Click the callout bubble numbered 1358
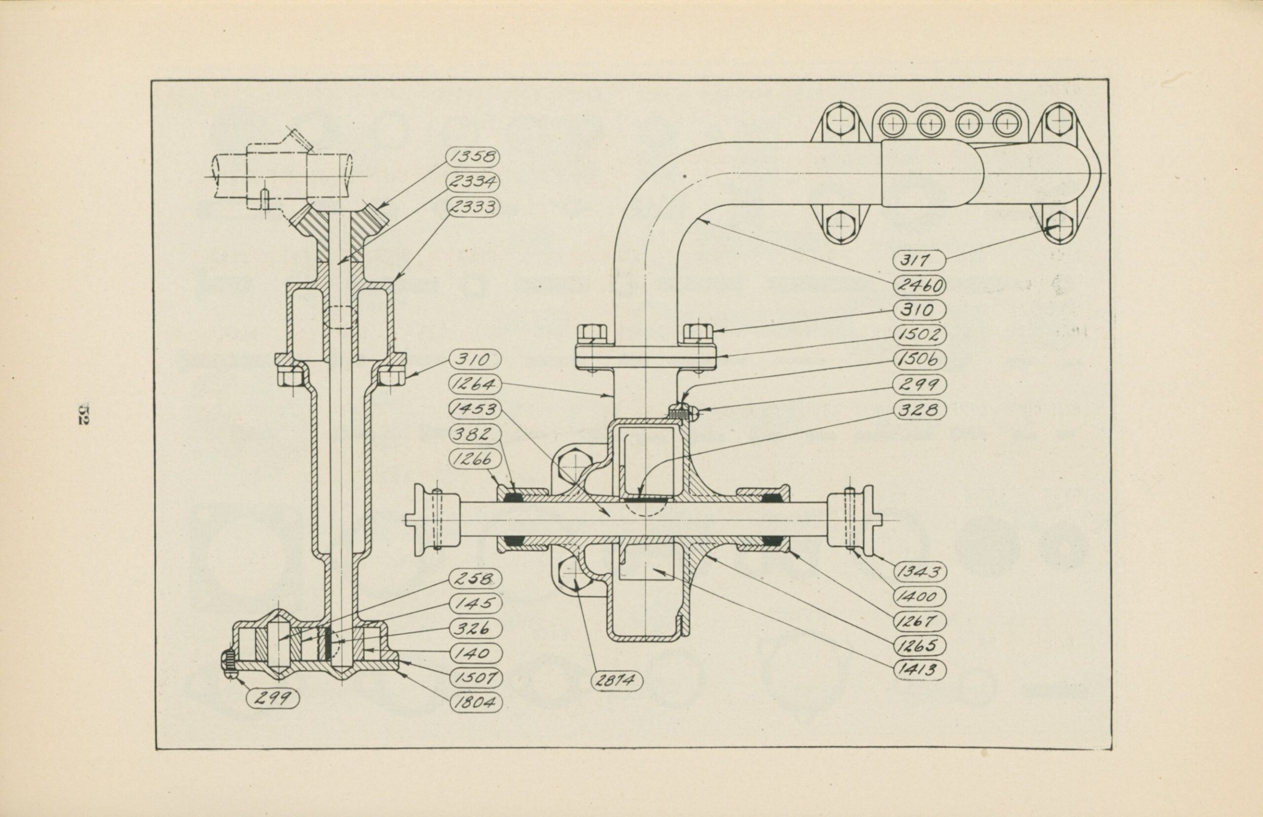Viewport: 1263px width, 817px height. tap(474, 156)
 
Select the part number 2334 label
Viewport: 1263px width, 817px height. tap(474, 182)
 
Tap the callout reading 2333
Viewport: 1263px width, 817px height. tap(474, 206)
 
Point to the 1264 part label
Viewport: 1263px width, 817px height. tap(474, 384)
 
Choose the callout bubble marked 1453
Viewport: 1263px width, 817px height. tap(474, 409)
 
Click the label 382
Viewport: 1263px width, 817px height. tap(474, 434)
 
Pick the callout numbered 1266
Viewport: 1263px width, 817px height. tap(474, 459)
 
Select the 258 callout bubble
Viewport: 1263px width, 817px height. tap(474, 579)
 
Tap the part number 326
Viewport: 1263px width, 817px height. tap(474, 628)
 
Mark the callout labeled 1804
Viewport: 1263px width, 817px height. tap(474, 703)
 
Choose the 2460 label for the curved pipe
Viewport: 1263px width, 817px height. tap(921, 285)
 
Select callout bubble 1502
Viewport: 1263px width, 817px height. tap(921, 335)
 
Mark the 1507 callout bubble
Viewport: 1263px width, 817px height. tap(474, 678)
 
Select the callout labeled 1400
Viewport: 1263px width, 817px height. tap(921, 597)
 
